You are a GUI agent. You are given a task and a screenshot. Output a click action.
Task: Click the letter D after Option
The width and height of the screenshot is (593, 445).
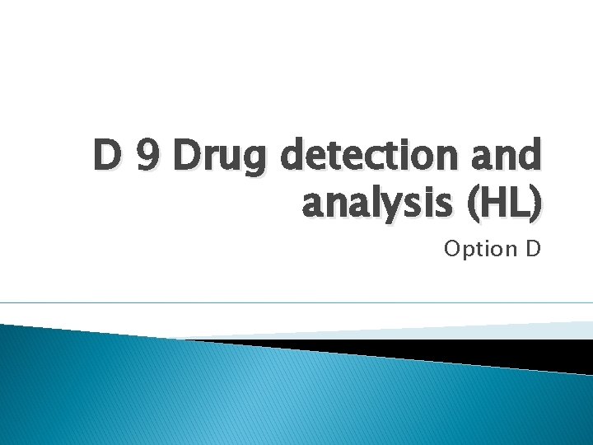(x=532, y=248)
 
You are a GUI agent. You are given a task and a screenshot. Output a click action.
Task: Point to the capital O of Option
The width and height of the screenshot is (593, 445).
(x=452, y=248)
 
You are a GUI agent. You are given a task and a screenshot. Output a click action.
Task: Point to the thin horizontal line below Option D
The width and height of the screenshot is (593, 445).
(x=296, y=302)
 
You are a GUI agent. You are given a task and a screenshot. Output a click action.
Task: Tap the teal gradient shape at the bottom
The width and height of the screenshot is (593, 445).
(x=247, y=396)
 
